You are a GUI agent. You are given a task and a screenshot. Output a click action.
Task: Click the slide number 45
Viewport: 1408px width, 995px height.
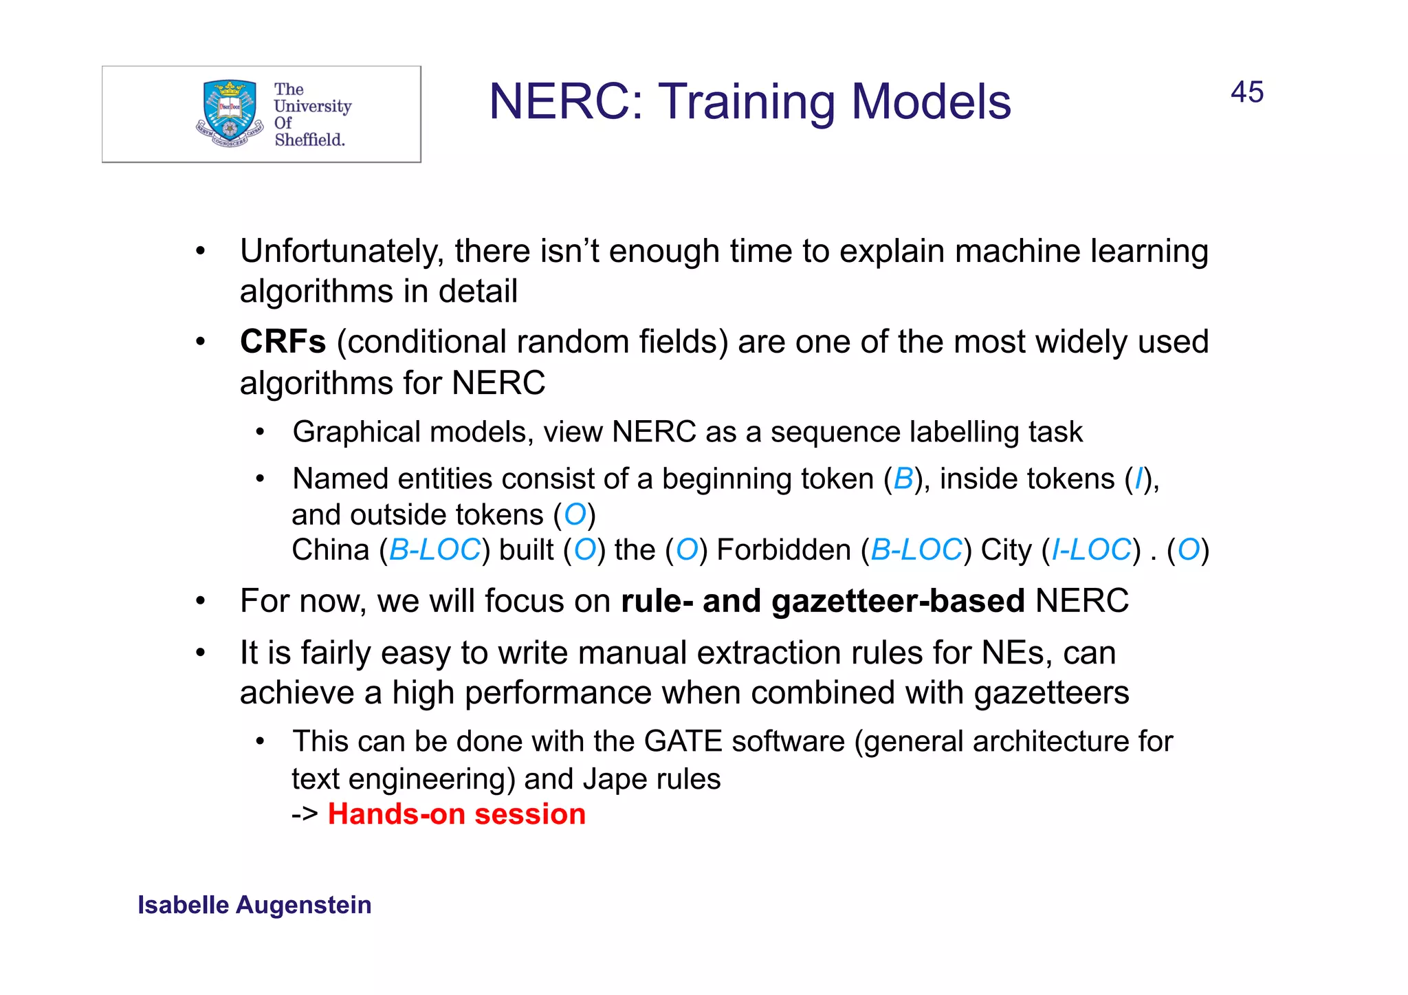point(1246,92)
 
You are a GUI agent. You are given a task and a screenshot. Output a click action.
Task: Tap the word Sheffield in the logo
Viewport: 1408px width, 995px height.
point(309,140)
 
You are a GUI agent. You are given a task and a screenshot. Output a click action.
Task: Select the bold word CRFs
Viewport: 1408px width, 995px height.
point(283,342)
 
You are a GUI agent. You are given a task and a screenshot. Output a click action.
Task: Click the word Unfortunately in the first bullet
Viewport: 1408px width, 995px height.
point(341,251)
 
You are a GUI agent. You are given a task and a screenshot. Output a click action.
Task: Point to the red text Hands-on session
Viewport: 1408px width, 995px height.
point(456,814)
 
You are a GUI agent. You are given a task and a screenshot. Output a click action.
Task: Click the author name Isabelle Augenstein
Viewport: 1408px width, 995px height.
point(254,905)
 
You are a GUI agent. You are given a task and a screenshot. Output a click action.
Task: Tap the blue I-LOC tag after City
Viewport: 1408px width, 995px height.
point(1091,550)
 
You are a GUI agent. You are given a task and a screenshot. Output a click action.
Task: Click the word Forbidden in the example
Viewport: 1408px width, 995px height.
point(784,550)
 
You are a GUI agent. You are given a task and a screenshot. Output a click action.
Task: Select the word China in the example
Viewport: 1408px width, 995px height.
point(331,550)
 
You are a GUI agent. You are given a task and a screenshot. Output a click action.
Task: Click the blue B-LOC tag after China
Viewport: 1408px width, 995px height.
point(434,550)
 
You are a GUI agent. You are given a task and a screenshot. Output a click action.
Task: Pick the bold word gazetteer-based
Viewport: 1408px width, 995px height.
point(897,601)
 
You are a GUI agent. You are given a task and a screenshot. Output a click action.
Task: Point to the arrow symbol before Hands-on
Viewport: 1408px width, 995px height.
point(305,815)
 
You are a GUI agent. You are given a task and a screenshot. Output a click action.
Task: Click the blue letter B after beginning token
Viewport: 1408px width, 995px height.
point(903,479)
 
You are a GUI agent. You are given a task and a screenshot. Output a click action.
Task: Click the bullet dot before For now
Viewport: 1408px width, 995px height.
point(200,602)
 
